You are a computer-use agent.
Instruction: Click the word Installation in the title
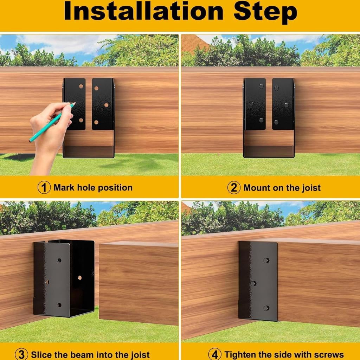[144, 11]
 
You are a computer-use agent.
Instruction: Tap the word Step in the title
[265, 13]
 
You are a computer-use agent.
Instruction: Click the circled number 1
[44, 187]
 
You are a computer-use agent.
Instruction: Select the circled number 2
[234, 188]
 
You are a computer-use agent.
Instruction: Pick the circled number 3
[21, 354]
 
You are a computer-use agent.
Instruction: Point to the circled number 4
[215, 354]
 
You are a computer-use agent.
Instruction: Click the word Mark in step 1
[64, 188]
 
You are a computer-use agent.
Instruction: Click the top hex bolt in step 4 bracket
[266, 261]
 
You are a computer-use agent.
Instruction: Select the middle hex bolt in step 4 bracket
[253, 284]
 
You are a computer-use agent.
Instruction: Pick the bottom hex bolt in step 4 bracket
[266, 308]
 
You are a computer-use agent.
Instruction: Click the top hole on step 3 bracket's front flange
[59, 261]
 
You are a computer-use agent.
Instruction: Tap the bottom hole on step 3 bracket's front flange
[59, 305]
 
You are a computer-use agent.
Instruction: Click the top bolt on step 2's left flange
[261, 86]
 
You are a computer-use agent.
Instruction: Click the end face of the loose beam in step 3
[139, 285]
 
